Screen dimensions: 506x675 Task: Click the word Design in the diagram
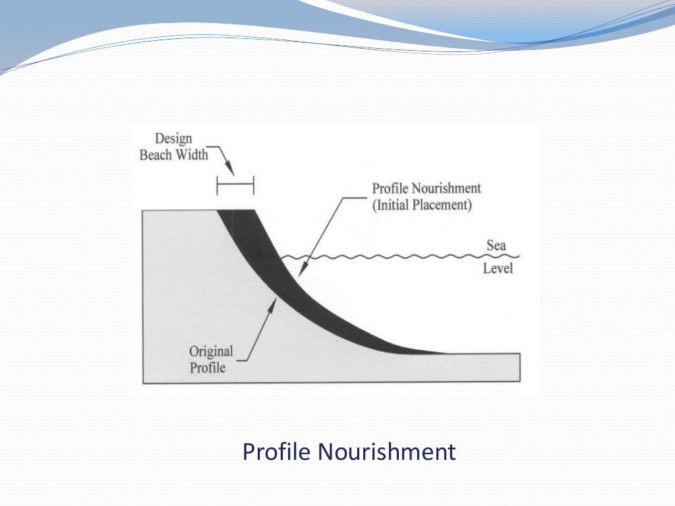(173, 139)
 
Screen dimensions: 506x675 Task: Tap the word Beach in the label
(156, 155)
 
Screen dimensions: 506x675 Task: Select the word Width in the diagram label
(191, 155)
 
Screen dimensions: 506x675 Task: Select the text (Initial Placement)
(422, 205)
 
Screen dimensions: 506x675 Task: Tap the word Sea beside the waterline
(496, 246)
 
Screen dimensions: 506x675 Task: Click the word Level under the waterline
(498, 268)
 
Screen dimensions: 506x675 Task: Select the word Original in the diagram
(211, 351)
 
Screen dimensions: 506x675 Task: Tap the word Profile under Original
(207, 368)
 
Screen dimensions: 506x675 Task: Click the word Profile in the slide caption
(276, 452)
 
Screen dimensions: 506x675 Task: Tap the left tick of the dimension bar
(218, 186)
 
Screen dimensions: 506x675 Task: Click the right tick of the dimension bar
(253, 186)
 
